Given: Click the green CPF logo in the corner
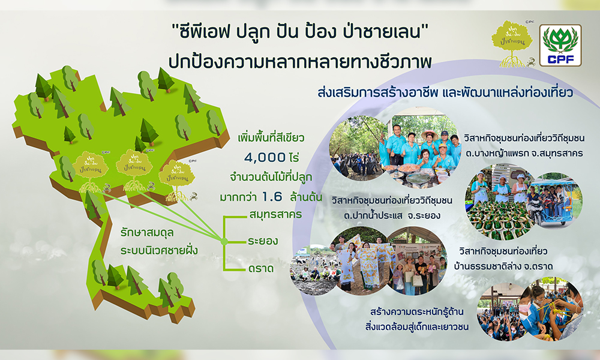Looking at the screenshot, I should pos(560,45).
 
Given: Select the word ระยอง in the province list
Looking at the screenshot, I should pos(262,242).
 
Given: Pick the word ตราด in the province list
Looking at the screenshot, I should pos(260,268).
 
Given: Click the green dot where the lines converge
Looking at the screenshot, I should pos(223,242).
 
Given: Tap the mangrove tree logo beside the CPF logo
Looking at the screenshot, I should pos(511,42).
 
